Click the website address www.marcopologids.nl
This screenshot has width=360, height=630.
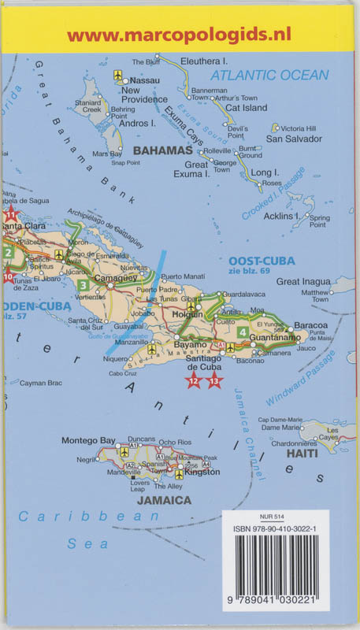click(180, 35)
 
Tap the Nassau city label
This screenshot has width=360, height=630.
click(144, 80)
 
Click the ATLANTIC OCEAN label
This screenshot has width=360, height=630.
click(269, 76)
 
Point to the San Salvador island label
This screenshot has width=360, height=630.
click(294, 139)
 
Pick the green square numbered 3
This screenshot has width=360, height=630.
click(83, 285)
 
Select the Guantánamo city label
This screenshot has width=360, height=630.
click(275, 337)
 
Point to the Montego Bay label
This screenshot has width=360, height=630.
click(88, 440)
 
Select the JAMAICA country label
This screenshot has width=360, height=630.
click(164, 500)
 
